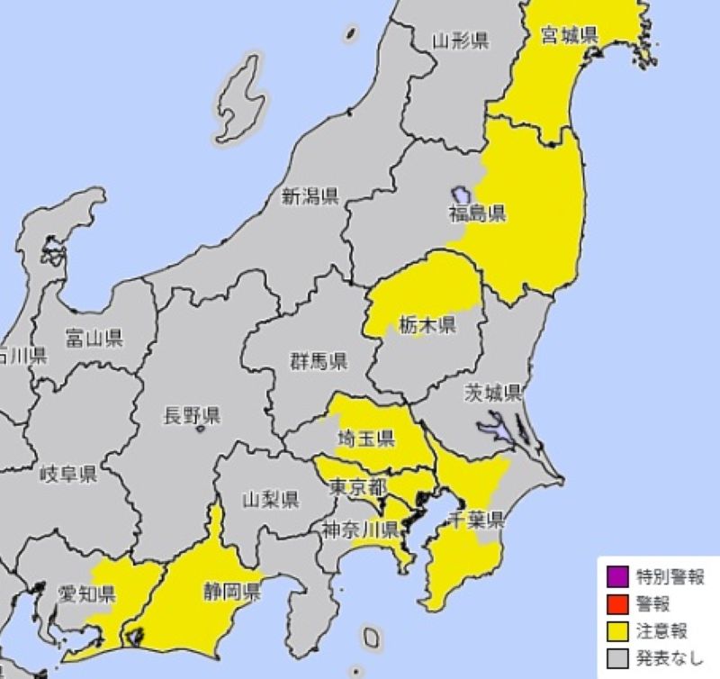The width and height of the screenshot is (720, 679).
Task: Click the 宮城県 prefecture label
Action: pyautogui.click(x=570, y=36)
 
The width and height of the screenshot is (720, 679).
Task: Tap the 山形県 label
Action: pyautogui.click(x=459, y=40)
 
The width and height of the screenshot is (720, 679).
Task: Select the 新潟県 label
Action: pyautogui.click(x=310, y=196)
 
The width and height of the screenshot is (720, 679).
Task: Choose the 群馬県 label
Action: pyautogui.click(x=318, y=362)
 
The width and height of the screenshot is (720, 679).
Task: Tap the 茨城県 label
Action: pyautogui.click(x=493, y=393)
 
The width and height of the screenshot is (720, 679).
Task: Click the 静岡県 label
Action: pyautogui.click(x=230, y=592)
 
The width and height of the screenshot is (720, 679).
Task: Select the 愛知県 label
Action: pyautogui.click(x=87, y=593)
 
